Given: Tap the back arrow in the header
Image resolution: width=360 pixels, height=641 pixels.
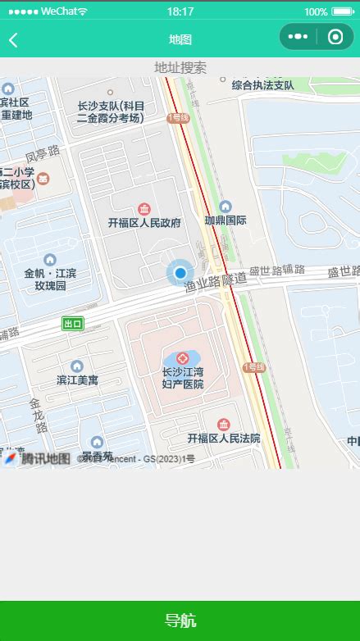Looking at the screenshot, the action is pyautogui.click(x=14, y=39).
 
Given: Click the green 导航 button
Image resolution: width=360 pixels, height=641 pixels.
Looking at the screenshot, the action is pyautogui.click(x=180, y=621).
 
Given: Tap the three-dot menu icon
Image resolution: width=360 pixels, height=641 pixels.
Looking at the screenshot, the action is pyautogui.click(x=298, y=37).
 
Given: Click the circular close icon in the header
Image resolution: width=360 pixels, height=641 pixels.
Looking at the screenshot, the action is pyautogui.click(x=335, y=37).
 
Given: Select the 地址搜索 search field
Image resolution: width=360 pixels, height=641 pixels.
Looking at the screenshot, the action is pyautogui.click(x=180, y=67).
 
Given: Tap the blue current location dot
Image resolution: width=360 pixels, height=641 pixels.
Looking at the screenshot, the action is pyautogui.click(x=180, y=272).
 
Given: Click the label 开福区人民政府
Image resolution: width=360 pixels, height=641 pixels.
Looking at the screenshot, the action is pyautogui.click(x=144, y=222).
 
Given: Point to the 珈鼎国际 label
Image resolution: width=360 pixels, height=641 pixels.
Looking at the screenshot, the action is pyautogui.click(x=226, y=220).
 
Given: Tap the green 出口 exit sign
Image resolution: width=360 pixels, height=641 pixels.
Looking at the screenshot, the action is pyautogui.click(x=73, y=324).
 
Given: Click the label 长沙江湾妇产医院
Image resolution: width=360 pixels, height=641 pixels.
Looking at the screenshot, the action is pyautogui.click(x=182, y=378).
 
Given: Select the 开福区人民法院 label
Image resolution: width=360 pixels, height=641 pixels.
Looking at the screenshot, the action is pyautogui.click(x=223, y=439).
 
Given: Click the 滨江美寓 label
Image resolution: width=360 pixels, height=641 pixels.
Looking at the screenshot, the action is pyautogui.click(x=77, y=380).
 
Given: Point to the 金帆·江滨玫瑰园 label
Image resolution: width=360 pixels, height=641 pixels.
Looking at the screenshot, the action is pyautogui.click(x=50, y=280).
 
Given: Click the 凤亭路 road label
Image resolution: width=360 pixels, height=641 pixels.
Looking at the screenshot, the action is pyautogui.click(x=43, y=154).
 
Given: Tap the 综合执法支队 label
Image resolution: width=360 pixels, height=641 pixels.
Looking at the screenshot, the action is pyautogui.click(x=262, y=85).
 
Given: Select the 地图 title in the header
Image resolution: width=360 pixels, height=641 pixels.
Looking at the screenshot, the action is pyautogui.click(x=180, y=39).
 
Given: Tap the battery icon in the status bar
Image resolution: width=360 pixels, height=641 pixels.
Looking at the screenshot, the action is pyautogui.click(x=341, y=11).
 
